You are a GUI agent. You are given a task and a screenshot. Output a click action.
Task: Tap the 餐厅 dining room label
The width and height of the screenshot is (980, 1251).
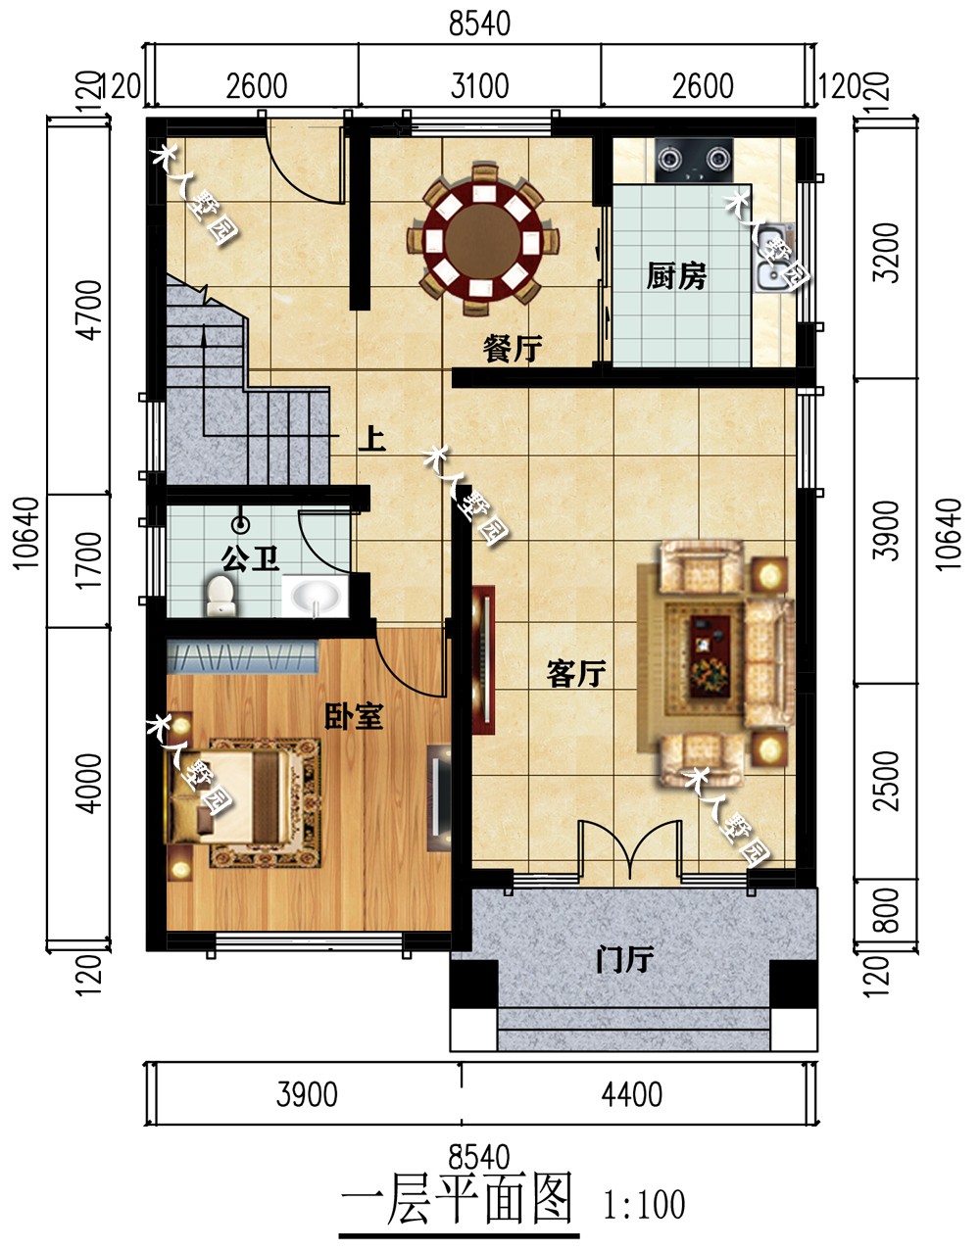click(x=512, y=349)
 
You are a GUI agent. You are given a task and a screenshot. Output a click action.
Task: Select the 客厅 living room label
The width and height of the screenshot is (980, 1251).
click(x=576, y=674)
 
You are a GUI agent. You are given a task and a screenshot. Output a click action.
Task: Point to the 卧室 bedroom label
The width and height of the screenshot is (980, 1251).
click(x=353, y=716)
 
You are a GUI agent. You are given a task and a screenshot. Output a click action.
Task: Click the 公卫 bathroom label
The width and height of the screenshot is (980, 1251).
click(x=251, y=558)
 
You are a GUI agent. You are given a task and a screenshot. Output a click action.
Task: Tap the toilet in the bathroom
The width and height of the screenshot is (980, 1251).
click(x=220, y=596)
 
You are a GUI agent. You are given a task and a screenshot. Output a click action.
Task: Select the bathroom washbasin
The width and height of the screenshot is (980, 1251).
click(x=315, y=596)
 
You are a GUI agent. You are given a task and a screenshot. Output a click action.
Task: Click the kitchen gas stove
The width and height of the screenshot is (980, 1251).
click(x=695, y=160)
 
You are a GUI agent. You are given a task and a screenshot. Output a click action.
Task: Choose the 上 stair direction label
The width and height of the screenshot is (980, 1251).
click(x=371, y=440)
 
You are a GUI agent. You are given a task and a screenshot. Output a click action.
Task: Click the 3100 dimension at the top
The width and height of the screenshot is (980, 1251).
click(x=479, y=86)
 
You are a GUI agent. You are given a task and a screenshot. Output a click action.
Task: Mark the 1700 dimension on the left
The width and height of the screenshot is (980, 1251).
click(x=90, y=560)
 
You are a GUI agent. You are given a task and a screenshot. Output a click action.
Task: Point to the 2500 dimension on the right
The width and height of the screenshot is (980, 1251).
click(x=886, y=781)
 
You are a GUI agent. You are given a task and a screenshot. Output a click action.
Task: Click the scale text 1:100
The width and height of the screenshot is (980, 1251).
click(x=644, y=1204)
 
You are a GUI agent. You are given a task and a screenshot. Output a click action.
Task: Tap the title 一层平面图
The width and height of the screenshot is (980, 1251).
click(x=459, y=1199)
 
